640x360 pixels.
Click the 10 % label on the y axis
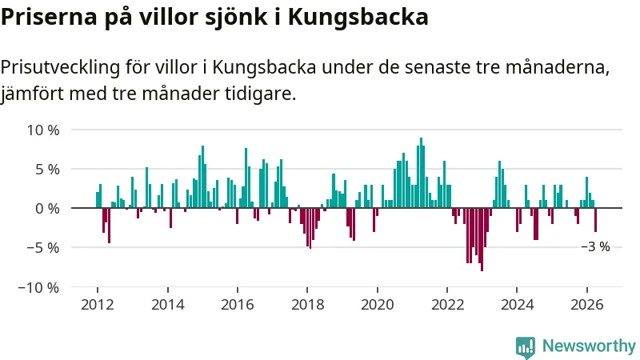[x=43, y=130]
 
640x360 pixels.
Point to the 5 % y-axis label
[x=47, y=170]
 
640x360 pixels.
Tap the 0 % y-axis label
[x=47, y=209]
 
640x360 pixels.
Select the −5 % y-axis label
[x=43, y=248]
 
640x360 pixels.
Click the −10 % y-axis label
[x=38, y=287]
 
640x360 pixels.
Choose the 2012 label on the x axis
[x=97, y=305]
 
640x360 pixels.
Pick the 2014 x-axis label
[x=167, y=305]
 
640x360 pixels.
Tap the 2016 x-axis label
[x=237, y=305]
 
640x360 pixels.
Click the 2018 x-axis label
[x=307, y=305]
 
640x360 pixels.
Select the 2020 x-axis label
[x=377, y=305]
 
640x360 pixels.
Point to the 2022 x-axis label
[x=447, y=305]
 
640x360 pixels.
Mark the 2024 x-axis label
[x=517, y=305]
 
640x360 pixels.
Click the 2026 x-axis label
[x=587, y=305]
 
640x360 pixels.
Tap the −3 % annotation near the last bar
[x=595, y=246]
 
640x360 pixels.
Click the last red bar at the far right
[x=595, y=220]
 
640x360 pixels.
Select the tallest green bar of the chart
[x=421, y=173]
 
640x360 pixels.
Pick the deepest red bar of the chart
[x=482, y=239]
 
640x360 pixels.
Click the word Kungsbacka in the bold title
[x=358, y=17]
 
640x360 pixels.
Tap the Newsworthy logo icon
[x=526, y=347]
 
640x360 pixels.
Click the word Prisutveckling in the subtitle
[x=61, y=68]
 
